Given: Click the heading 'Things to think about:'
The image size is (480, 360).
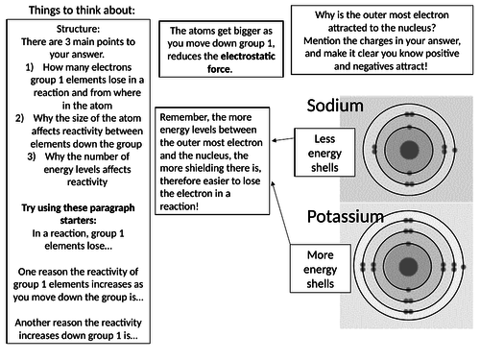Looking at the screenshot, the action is (82, 11).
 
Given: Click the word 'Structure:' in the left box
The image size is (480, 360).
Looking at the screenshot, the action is (78, 29).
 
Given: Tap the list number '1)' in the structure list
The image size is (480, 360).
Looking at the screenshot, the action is (30, 67).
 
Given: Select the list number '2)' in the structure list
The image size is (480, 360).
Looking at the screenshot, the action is (19, 118).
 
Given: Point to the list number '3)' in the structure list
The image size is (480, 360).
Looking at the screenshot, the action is (32, 156).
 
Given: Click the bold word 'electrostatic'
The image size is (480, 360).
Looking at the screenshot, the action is (248, 56).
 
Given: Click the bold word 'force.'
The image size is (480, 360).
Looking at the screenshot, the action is (220, 69).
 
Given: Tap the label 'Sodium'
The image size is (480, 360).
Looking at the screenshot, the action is (335, 106).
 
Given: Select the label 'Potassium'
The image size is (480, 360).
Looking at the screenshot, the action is (346, 217).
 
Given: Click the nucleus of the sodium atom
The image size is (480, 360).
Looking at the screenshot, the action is (409, 150).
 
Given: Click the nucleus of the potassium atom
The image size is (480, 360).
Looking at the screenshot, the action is (408, 266).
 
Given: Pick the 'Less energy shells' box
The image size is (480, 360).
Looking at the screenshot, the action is (324, 153).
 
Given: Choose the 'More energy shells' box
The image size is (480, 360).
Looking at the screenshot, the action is (321, 269).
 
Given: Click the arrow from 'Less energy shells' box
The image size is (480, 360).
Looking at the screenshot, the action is (283, 139).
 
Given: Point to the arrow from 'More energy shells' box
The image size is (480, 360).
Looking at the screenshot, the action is (280, 212).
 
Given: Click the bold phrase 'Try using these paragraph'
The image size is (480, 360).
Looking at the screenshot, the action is (78, 207).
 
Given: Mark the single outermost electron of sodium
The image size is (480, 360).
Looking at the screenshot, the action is (455, 150).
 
